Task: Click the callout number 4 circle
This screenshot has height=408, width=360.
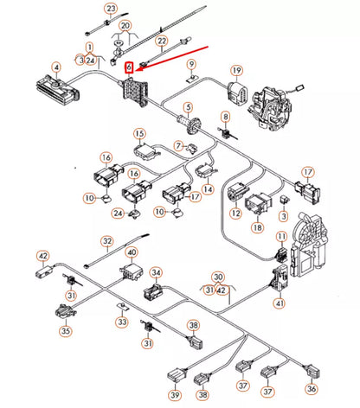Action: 56,67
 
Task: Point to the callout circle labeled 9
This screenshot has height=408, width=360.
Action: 192,64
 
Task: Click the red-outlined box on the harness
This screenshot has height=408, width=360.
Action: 130,66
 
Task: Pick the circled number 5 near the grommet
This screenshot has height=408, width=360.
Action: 183,107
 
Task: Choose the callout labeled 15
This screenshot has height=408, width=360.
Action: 139,133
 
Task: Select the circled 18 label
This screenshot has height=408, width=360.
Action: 257,227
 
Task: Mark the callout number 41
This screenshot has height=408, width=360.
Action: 279,303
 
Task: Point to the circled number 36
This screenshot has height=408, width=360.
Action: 311,390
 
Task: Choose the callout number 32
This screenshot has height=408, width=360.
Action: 107,241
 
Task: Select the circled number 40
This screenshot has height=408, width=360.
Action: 132,253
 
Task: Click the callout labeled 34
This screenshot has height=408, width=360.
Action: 156,272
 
